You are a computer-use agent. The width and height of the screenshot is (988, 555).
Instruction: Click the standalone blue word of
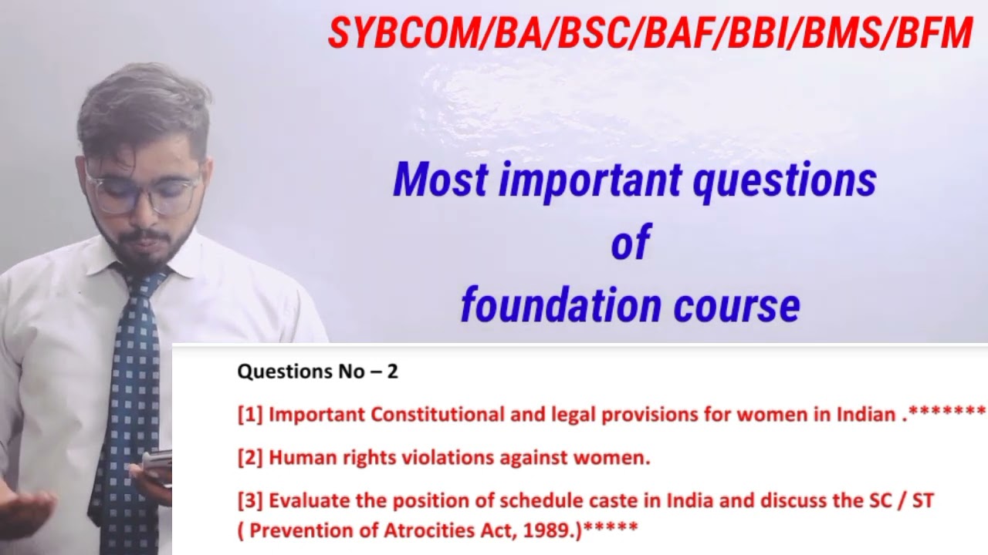tap(631, 243)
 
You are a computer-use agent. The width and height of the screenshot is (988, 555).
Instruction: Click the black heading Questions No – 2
tap(317, 372)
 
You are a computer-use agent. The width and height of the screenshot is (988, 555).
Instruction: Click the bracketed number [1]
tap(250, 415)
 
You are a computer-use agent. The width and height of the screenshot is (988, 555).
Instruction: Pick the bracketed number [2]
tap(250, 458)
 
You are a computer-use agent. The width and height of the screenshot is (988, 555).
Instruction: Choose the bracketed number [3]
tap(250, 501)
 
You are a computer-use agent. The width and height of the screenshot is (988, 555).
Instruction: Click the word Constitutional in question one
tap(437, 415)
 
